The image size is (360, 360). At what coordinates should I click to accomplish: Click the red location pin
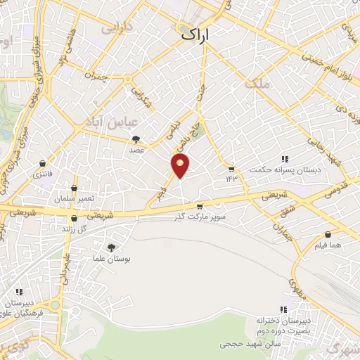181,166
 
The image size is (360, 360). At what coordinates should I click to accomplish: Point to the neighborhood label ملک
258,84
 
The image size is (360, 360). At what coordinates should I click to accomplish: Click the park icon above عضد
136,139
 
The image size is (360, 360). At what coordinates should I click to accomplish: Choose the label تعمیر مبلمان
77,200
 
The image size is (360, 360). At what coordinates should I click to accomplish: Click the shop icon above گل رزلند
74,219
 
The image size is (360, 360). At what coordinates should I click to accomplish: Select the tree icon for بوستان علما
110,247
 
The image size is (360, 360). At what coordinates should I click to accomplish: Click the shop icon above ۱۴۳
231,169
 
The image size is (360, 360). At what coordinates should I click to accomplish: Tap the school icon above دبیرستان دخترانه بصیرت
284,309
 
